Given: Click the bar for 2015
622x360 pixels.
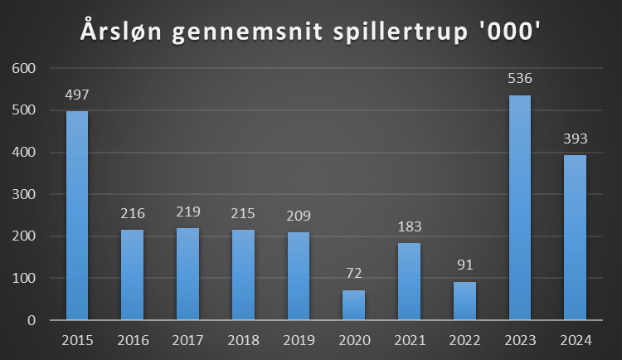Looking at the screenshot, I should coord(77,216).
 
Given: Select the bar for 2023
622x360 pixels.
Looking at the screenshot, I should coord(520,207).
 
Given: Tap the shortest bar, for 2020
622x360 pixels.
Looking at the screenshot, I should coord(354,304).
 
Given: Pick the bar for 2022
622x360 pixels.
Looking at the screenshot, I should coord(464,300).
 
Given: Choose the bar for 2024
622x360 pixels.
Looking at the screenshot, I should coord(576,237).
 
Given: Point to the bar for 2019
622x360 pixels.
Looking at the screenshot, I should coord(299,275).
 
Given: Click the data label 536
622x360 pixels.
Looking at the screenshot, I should coord(520,80).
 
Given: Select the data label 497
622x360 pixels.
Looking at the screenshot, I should coord(77,95).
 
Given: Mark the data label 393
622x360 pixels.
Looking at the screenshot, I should coord(576,139).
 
